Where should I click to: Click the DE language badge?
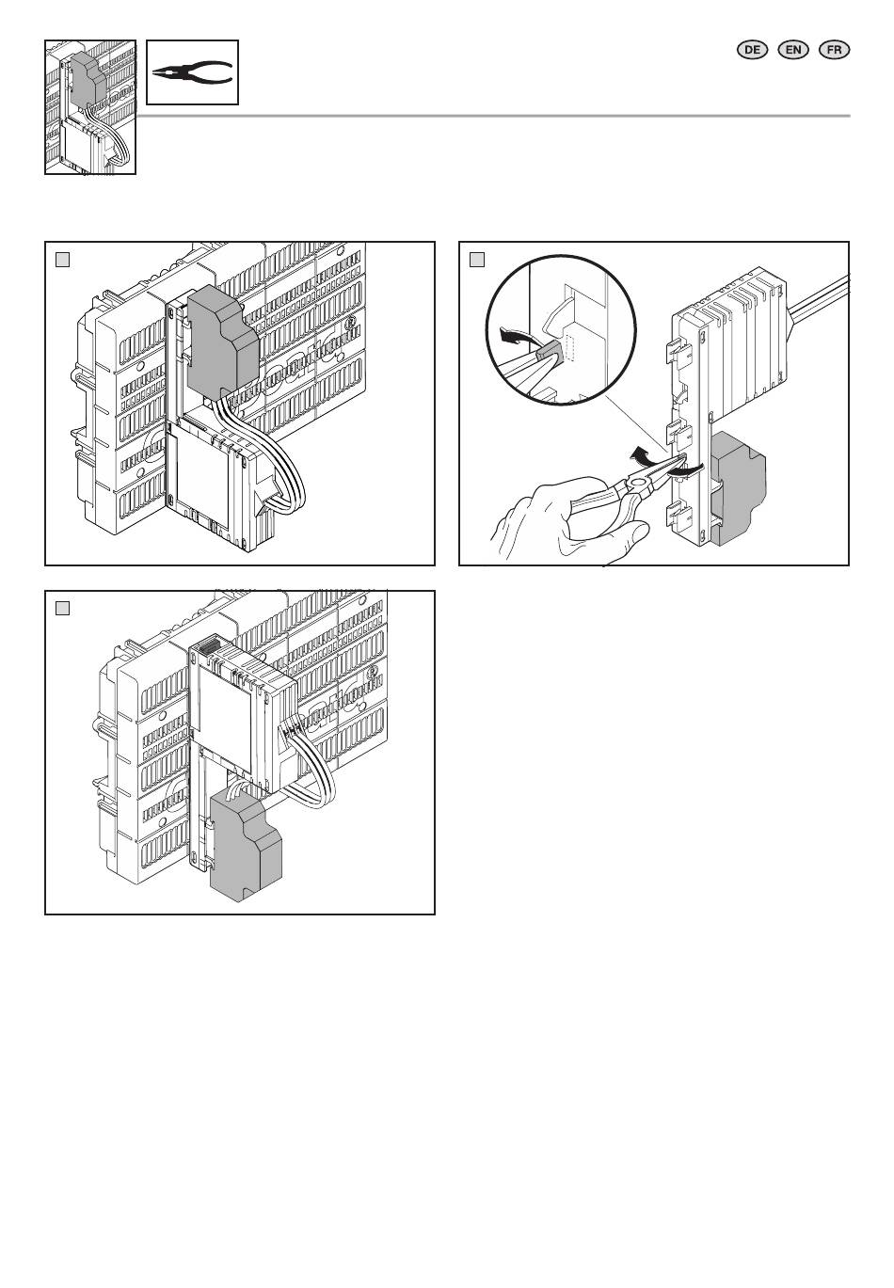click(x=752, y=50)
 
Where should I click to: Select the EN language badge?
click(x=792, y=50)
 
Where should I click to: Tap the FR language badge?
click(x=834, y=50)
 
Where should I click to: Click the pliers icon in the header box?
click(x=192, y=72)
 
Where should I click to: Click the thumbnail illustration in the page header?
click(x=90, y=107)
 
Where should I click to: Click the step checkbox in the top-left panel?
click(x=63, y=260)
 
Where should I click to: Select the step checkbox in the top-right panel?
click(x=477, y=260)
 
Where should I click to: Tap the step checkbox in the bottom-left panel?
click(x=63, y=608)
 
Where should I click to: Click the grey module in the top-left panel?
click(x=223, y=342)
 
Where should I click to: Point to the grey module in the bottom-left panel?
click(x=247, y=845)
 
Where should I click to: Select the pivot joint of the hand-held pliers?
click(x=637, y=484)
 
